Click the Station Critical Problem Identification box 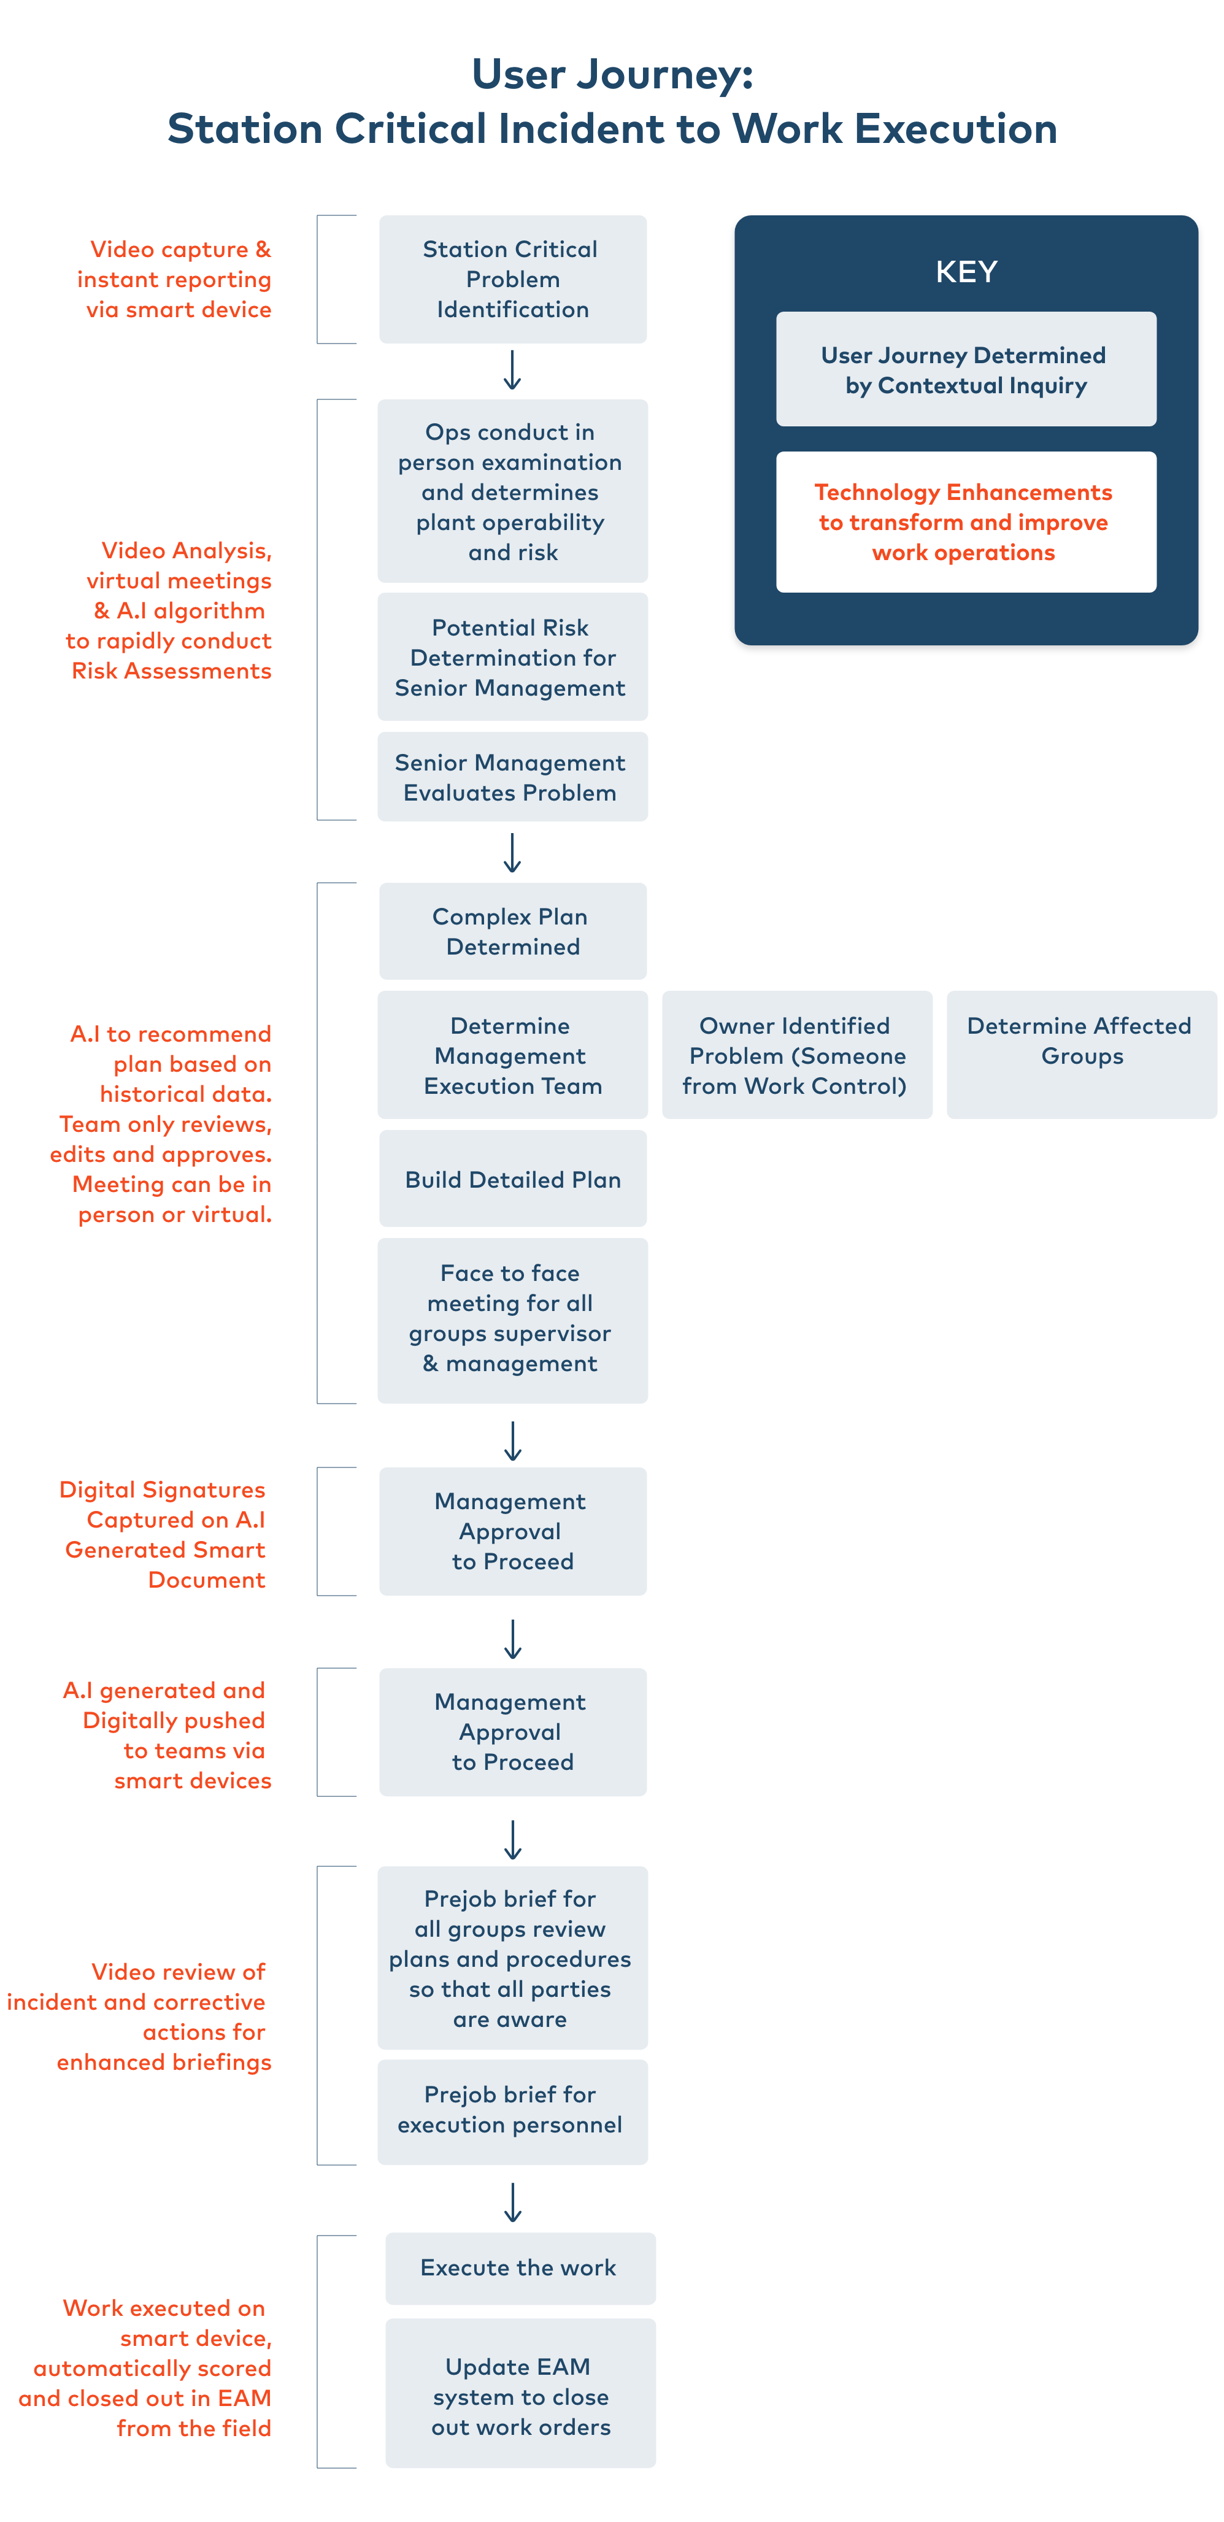(x=512, y=279)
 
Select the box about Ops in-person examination (x=512, y=491)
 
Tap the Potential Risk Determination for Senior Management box (x=512, y=657)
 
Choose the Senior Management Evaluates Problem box (x=512, y=777)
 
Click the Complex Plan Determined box (x=512, y=931)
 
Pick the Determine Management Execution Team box (x=512, y=1055)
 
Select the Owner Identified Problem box (x=796, y=1055)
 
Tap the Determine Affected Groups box (x=1081, y=1055)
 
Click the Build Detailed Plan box (x=512, y=1178)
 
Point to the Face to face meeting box (x=512, y=1319)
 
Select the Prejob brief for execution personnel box (x=512, y=2111)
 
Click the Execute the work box (x=520, y=2267)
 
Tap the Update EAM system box (x=520, y=2395)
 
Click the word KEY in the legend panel (x=966, y=271)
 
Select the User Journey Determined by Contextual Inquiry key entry (x=966, y=369)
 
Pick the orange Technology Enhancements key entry (x=966, y=522)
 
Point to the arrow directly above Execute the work (x=512, y=2202)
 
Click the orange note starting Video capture (x=176, y=279)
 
